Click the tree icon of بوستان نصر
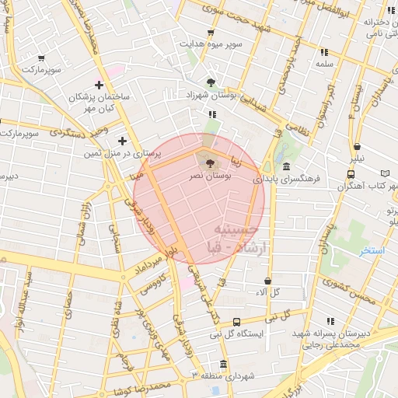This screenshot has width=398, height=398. [208, 162]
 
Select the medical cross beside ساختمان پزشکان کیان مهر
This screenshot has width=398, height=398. [99, 85]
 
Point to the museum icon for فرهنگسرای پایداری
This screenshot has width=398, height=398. [286, 167]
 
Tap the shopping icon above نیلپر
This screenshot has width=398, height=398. [357, 146]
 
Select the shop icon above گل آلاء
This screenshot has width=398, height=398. [267, 281]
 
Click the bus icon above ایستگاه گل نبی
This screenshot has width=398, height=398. [236, 322]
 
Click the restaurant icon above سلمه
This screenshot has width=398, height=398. [323, 52]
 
